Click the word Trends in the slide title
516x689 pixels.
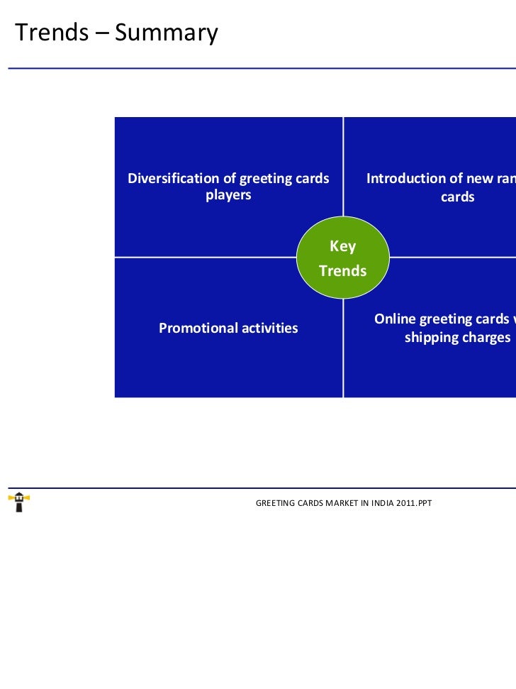coord(51,32)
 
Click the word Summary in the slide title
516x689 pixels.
coord(165,33)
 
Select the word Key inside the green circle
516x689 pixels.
coord(343,247)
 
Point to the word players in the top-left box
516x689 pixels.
coord(228,195)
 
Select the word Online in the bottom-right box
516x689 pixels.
coord(395,319)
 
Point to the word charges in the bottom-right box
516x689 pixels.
coord(486,337)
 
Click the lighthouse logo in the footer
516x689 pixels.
coord(18,502)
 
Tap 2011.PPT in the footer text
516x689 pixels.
coord(415,503)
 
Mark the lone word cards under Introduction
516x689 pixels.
coord(457,197)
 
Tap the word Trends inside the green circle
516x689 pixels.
coord(343,271)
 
